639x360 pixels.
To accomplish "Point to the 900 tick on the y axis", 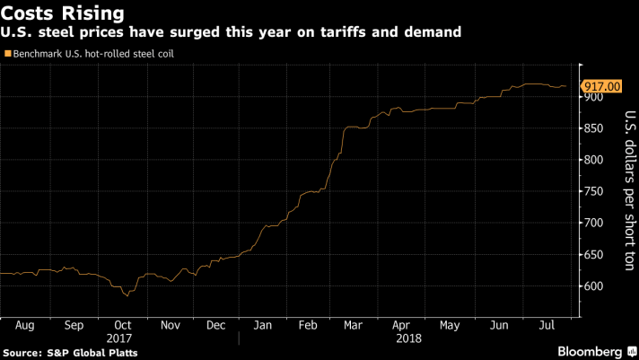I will (595, 97).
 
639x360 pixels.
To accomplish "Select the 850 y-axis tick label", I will (595, 128).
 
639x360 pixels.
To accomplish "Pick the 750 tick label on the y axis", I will (595, 191).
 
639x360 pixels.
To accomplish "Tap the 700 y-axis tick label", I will (595, 223).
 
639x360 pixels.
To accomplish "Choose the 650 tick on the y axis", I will (595, 254).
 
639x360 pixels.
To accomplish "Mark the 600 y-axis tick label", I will (595, 285).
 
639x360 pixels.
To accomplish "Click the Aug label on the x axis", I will (24, 325).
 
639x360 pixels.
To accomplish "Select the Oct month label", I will (123, 325).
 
